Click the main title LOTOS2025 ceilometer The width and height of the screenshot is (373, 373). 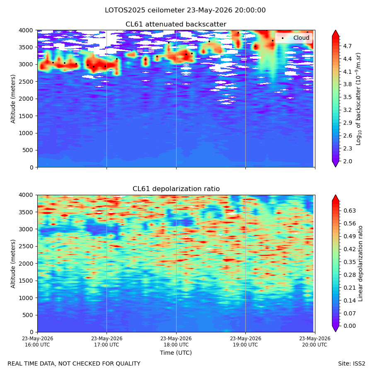185,10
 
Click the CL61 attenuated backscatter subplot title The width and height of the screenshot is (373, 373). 176,24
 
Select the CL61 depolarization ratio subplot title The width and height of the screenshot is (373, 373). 176,189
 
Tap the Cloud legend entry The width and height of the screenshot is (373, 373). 301,38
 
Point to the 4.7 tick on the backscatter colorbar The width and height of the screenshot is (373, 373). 347,46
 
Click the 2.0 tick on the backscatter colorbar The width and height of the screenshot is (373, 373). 347,161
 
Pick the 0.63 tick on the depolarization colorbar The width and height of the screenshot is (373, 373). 349,211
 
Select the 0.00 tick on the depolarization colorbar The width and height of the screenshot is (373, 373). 349,326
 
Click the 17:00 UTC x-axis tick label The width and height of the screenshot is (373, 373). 107,342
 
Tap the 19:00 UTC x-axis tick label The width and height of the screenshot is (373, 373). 245,342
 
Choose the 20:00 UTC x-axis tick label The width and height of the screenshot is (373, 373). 315,342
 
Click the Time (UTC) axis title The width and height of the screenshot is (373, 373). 176,353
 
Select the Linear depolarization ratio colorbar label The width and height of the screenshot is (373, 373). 361,264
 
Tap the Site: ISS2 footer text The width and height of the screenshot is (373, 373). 351,363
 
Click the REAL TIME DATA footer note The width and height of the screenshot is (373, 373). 74,363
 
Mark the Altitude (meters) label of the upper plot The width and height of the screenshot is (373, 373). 13,99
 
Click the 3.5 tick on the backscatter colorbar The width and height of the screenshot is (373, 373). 347,97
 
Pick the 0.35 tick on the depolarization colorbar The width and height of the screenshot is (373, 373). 349,262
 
